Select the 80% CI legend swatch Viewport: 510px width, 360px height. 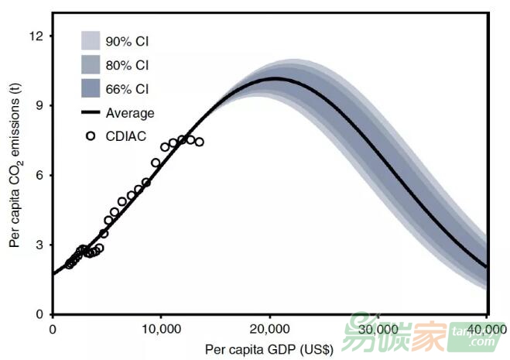pos(92,64)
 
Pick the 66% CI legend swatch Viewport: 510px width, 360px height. pos(92,88)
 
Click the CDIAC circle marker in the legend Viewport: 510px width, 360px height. pos(91,135)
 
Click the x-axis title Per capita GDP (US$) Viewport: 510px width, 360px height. pos(269,349)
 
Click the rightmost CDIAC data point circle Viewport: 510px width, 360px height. pos(199,142)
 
